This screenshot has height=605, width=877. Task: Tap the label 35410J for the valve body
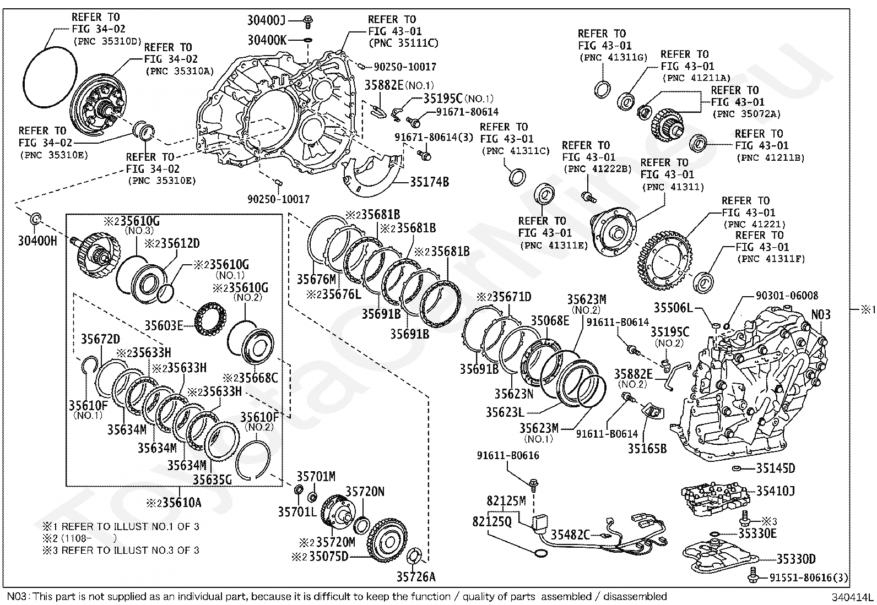point(775,490)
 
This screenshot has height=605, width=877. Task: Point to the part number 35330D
point(796,559)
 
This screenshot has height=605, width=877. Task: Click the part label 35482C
point(570,534)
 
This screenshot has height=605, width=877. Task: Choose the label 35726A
point(416,576)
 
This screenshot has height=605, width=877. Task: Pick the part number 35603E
point(164,325)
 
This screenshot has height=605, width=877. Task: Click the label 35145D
point(775,468)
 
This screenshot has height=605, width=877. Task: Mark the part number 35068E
point(550,320)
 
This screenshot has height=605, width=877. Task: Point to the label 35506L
point(673,307)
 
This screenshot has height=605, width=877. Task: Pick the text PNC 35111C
point(403,43)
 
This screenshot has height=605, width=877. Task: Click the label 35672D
point(100,339)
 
